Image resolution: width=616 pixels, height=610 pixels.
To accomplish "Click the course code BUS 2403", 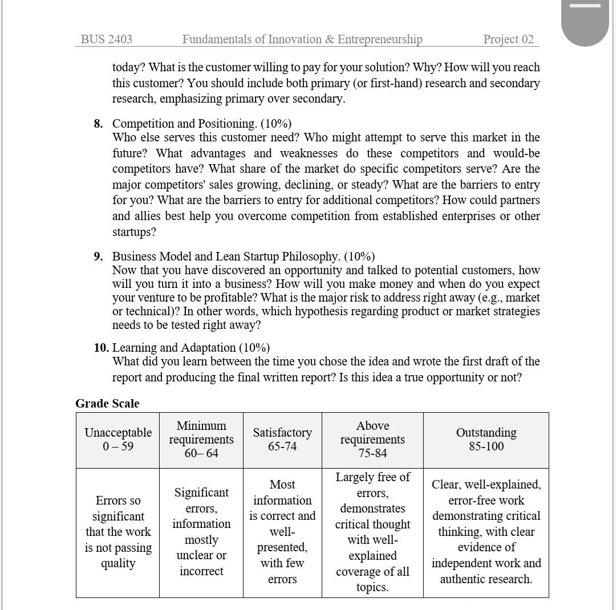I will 107,39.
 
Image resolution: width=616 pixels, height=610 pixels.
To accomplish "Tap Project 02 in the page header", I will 508,39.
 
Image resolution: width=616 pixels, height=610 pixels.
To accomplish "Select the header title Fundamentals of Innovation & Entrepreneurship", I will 302,39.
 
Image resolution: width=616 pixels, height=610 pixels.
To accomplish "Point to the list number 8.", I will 99,124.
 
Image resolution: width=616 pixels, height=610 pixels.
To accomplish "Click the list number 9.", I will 99,257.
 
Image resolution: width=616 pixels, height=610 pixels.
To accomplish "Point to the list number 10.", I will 102,348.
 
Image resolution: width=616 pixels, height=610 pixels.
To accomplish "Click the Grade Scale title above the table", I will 107,404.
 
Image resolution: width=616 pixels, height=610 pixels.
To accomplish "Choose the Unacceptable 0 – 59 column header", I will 118,440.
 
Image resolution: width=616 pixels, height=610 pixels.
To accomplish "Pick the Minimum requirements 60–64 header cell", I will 201,440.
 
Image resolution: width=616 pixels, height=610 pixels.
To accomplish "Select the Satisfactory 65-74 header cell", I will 282,440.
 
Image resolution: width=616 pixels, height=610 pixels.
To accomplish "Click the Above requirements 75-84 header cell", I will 372,440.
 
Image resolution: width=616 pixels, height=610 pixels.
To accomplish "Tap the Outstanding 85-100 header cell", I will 486,440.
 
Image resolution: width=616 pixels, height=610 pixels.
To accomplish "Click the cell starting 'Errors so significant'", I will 118,532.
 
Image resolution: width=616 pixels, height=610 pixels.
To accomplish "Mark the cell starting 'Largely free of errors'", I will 372,532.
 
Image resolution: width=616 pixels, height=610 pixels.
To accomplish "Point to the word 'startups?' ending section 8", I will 134,232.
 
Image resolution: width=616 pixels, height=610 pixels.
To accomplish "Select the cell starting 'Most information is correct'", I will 282,532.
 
